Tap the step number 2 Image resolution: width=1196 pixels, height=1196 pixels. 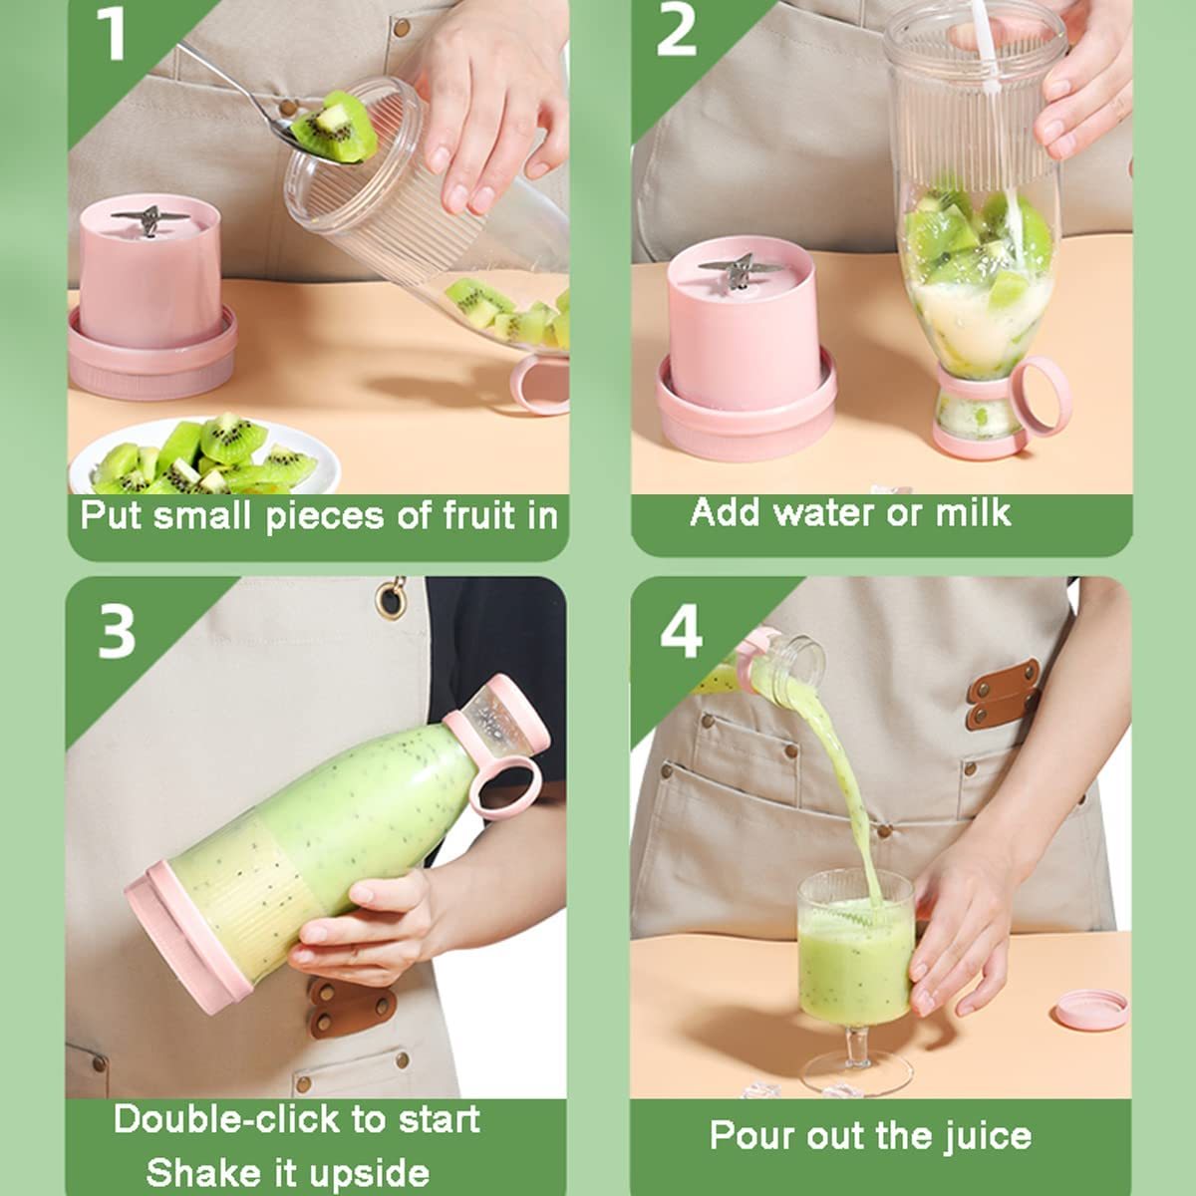[676, 30]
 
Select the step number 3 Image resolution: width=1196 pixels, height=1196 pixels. [117, 631]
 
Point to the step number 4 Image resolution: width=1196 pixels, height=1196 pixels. [681, 631]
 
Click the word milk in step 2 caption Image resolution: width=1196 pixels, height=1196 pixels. [973, 512]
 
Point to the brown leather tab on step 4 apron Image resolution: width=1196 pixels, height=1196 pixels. [1003, 695]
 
